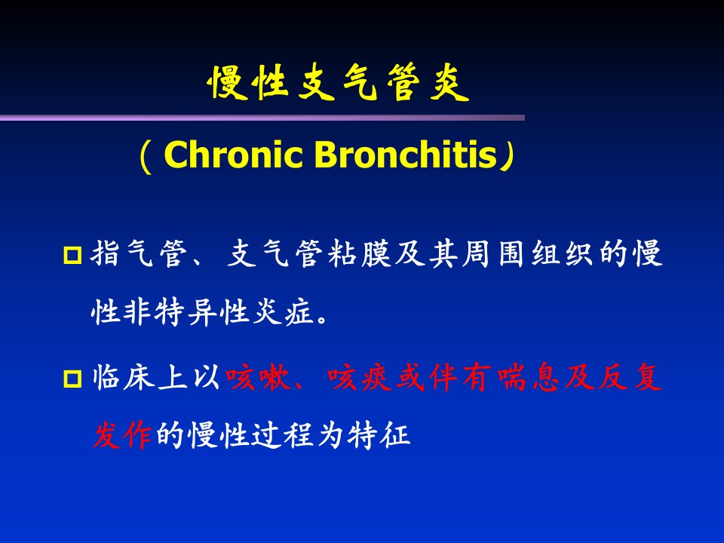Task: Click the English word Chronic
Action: (233, 154)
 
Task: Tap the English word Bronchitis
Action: (406, 154)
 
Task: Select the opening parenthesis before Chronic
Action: (146, 156)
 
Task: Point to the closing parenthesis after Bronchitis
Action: (507, 156)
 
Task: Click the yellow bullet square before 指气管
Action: (72, 255)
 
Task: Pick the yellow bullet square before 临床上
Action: (72, 379)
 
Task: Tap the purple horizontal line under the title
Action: (262, 118)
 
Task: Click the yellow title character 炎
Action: (449, 83)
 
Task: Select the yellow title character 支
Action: (316, 83)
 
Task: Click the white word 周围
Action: (495, 253)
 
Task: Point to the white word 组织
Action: (563, 253)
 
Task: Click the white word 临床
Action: (124, 378)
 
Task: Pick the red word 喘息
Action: (529, 378)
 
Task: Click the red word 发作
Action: (122, 435)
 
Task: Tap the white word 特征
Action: (379, 435)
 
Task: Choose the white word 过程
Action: (283, 435)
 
